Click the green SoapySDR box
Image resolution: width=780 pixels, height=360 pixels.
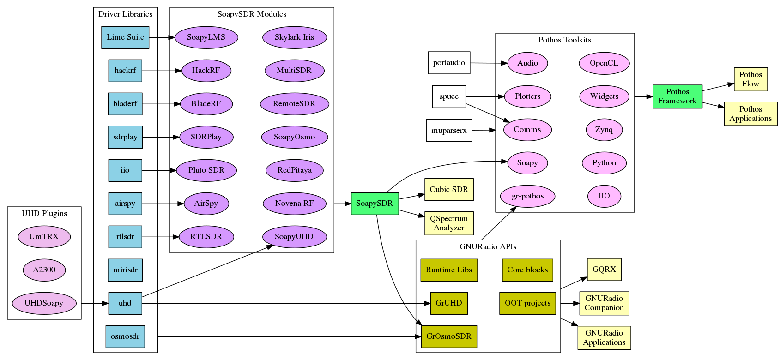point(375,204)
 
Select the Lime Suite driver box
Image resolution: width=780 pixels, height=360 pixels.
point(125,37)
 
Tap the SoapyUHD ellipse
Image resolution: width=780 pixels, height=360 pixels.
point(294,237)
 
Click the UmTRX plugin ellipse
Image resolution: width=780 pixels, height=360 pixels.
point(44,237)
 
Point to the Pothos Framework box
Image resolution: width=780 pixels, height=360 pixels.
point(677,96)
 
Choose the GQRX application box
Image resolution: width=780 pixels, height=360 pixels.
point(604,270)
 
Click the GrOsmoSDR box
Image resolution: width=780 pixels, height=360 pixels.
point(448,336)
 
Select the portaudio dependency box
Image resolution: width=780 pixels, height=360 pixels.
point(449,63)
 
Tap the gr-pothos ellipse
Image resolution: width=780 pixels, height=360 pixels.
point(527,196)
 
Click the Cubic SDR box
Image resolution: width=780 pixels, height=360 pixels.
point(448,190)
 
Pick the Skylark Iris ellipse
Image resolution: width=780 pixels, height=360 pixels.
point(294,37)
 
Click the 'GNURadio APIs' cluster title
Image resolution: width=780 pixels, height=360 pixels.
point(488,247)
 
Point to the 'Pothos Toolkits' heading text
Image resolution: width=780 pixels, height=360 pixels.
point(564,40)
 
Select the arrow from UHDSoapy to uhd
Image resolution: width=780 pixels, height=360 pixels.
point(95,303)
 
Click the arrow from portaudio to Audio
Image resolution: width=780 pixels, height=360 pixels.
point(489,63)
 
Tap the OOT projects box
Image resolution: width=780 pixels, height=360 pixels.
point(527,303)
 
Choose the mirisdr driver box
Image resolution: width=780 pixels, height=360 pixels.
point(125,270)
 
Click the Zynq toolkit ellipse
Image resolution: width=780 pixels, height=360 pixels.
point(604,130)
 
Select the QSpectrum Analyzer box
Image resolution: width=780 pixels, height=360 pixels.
point(448,223)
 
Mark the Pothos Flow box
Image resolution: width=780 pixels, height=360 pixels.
point(750,79)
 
